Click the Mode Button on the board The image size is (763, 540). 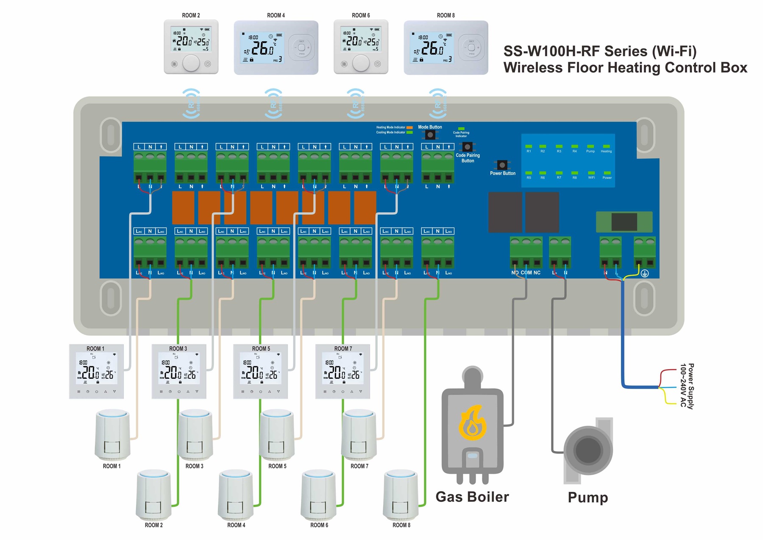[430, 135]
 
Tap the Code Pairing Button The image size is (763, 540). [467, 147]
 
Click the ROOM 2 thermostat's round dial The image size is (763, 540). [191, 64]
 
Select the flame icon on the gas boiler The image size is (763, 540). [472, 422]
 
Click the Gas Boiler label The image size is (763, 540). [472, 497]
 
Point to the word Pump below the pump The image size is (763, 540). [588, 497]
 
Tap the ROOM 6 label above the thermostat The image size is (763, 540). [361, 15]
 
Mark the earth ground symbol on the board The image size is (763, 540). [644, 274]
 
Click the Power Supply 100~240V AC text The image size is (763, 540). [687, 386]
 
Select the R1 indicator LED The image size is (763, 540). [529, 146]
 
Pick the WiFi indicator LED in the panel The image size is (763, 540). [591, 173]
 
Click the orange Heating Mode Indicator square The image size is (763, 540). [409, 127]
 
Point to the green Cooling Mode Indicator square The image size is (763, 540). [409, 132]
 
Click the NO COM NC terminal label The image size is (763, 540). [526, 273]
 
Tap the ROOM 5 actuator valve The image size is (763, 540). [277, 435]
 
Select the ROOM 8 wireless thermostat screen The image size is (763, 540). [432, 48]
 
